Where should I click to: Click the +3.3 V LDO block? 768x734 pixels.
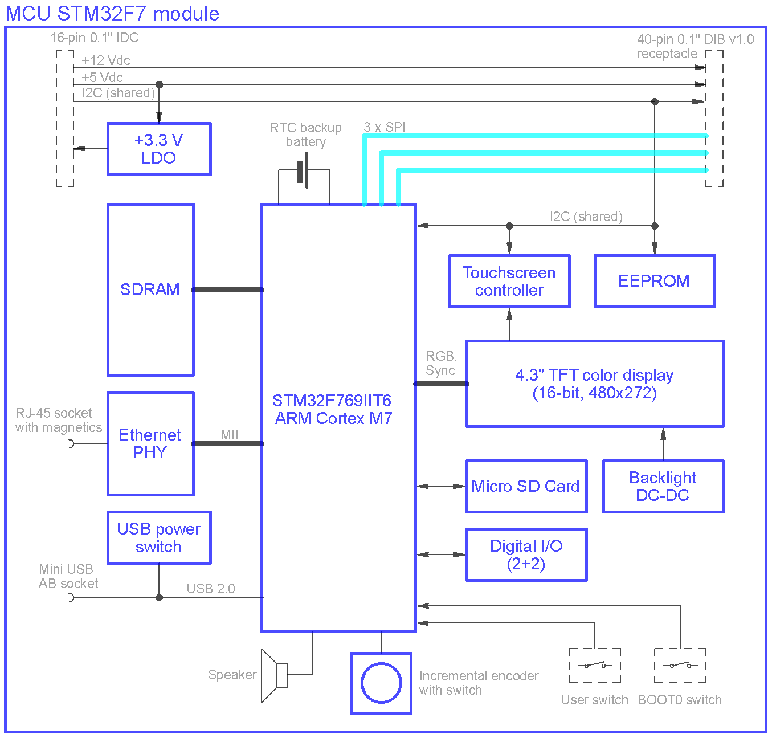159,149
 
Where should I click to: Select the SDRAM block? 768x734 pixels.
150,289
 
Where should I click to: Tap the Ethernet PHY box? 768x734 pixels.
150,443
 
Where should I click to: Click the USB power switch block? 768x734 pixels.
159,537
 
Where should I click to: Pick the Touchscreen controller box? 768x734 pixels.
509,281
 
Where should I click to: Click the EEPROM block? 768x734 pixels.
655,281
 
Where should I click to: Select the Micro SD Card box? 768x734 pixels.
526,486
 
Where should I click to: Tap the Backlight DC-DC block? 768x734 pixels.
663,486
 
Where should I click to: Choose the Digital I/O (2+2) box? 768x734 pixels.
526,554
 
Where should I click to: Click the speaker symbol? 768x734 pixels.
274,675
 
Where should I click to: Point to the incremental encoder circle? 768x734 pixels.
381,683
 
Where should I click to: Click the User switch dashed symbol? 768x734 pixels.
594,666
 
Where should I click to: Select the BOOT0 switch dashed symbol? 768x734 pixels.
680,666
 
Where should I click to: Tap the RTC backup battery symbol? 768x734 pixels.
303,170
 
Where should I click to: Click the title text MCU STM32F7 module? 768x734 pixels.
112,14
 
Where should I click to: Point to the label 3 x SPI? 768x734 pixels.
384,127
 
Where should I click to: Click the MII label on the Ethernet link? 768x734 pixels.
229,434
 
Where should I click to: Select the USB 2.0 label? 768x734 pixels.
211,588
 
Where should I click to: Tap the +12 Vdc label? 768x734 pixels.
106,60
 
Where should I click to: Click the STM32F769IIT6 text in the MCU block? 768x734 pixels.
332,401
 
